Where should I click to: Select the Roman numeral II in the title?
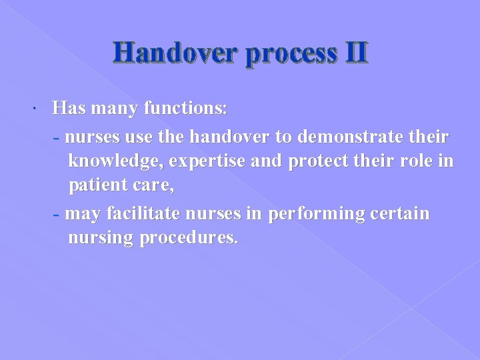(354, 53)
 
